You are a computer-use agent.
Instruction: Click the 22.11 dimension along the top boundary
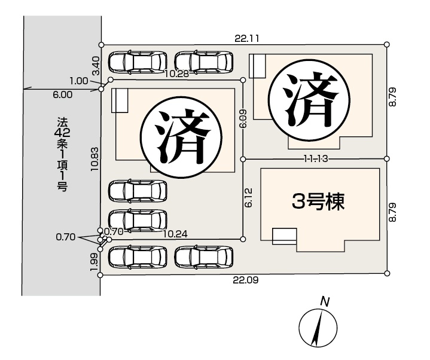click(x=246, y=38)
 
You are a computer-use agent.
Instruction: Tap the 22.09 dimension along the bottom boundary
click(x=245, y=280)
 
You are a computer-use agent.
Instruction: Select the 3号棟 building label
click(x=318, y=202)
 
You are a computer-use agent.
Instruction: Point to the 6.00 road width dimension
click(x=63, y=95)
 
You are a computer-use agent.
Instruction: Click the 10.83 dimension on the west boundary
click(x=95, y=159)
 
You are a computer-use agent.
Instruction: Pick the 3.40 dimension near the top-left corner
click(x=96, y=66)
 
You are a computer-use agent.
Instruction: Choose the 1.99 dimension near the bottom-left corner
click(x=94, y=262)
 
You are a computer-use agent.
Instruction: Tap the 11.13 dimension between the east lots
click(x=316, y=158)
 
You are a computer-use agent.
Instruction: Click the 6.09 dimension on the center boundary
click(x=243, y=119)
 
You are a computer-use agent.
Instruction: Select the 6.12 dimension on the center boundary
click(x=248, y=197)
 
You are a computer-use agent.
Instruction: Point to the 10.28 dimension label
click(x=176, y=74)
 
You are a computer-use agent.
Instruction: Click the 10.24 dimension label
click(x=175, y=234)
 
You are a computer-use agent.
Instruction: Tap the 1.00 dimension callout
click(x=79, y=81)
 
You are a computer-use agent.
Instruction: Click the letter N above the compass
click(x=325, y=302)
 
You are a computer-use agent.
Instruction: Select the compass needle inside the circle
click(x=318, y=327)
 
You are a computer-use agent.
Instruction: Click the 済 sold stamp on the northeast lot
click(x=309, y=99)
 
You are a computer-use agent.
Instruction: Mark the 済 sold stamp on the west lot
click(x=181, y=136)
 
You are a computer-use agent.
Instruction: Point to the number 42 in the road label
click(x=62, y=133)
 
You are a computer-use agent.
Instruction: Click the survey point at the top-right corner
click(x=387, y=44)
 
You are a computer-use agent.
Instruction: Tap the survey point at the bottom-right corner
click(x=387, y=273)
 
